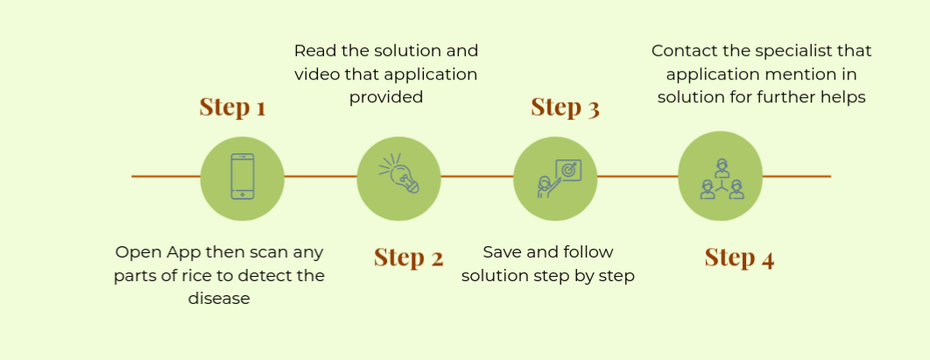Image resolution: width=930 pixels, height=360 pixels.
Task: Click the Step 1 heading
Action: point(232,107)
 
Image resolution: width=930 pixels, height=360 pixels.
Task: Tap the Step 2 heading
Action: point(409,258)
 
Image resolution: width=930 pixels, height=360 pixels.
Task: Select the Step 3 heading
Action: point(565,107)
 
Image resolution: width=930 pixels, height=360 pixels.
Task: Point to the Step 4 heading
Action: point(739,258)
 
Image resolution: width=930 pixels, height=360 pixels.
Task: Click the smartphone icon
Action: point(243,176)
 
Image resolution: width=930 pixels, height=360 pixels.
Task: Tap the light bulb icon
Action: point(399,173)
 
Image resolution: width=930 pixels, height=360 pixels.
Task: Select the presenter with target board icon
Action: point(559,179)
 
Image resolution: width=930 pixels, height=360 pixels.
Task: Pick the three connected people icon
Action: point(722,179)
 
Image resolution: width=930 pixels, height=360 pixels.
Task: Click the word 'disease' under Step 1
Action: point(219,298)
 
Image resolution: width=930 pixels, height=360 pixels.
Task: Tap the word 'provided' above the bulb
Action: point(386,96)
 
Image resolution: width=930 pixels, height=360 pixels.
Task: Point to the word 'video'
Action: point(314,74)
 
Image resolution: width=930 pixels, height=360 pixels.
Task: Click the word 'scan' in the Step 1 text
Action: point(269,252)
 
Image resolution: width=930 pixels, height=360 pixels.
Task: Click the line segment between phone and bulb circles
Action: point(321,176)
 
